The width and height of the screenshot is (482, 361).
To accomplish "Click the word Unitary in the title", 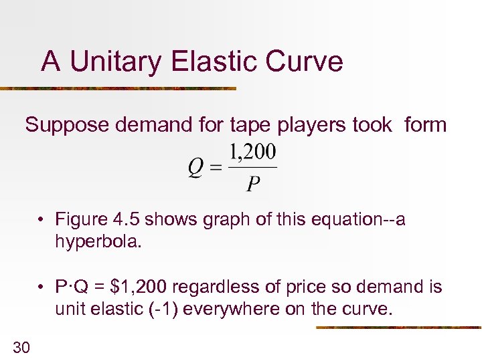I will pos(114,62).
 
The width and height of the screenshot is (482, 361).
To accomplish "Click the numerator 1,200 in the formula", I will pos(253,153).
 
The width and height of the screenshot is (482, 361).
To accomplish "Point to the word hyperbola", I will pos(98,241).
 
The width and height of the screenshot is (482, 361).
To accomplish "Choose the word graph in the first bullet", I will pos(225,220).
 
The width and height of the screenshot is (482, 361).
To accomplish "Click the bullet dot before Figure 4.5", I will pos(42,220).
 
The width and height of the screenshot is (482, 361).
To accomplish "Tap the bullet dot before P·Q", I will pos(42,288).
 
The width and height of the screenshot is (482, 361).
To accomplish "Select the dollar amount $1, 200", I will pos(141,288).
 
